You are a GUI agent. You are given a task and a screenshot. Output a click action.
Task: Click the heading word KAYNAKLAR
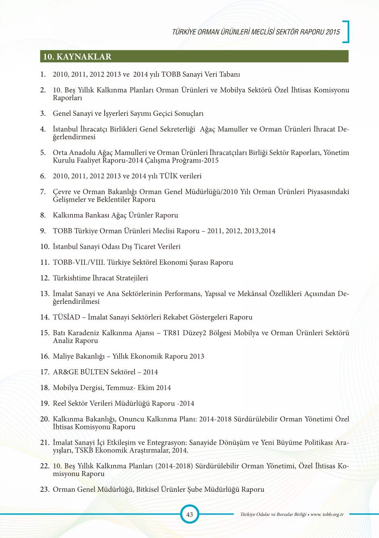[84, 57]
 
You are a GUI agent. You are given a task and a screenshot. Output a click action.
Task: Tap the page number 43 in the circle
[189, 514]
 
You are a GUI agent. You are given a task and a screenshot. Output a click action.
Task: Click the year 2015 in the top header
[333, 32]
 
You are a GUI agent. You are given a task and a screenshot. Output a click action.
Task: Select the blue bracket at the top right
[346, 31]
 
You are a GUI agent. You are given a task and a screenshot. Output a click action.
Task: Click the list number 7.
[43, 192]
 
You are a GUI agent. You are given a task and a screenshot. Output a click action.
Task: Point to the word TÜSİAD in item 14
[66, 317]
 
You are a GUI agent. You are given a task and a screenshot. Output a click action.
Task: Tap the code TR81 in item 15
[172, 333]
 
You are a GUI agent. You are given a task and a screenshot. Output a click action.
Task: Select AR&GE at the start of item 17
[65, 372]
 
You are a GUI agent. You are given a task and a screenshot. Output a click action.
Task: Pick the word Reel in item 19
[60, 404]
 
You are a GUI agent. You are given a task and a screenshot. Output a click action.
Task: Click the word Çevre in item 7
[62, 192]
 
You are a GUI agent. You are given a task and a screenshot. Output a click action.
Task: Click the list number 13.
[44, 294]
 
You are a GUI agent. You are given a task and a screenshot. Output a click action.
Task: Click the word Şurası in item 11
[199, 262]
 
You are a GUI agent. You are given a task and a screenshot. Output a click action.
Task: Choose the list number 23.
[44, 490]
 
